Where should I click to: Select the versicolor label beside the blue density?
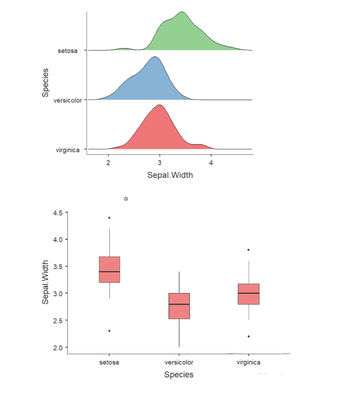[68, 100]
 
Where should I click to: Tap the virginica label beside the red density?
[68, 149]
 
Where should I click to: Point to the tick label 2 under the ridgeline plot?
[108, 163]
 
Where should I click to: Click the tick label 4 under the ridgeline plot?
[211, 163]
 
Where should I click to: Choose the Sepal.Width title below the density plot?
[171, 175]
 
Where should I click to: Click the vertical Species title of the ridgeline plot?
[45, 83]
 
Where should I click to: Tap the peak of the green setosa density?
[182, 12]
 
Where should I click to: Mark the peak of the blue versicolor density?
[155, 57]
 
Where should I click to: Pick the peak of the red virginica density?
[159, 105]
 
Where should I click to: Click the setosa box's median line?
[109, 272]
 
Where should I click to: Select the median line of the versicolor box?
[179, 304]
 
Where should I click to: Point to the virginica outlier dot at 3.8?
[248, 250]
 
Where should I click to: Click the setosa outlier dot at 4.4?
[109, 217]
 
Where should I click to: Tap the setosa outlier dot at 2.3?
[109, 331]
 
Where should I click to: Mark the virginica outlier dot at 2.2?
[248, 336]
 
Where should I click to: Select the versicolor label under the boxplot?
[179, 362]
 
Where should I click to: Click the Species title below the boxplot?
[179, 375]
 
